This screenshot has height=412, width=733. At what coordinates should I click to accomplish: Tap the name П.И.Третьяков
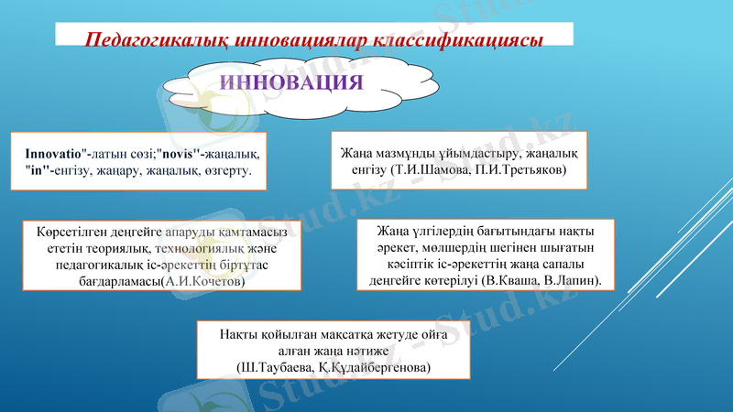tap(523, 169)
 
